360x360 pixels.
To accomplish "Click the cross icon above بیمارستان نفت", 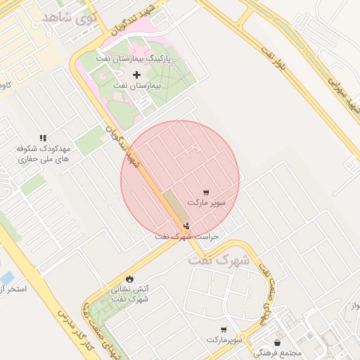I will [136, 74].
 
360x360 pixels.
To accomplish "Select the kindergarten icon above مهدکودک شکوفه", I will [43, 139].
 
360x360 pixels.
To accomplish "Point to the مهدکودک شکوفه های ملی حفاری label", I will [44, 155].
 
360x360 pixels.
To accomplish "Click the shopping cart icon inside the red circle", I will [205, 192].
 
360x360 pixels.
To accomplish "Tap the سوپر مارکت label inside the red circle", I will [207, 202].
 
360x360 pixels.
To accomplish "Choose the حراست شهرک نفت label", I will [187, 237].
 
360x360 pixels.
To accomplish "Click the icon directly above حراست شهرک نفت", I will [186, 226].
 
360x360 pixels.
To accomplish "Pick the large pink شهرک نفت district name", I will [219, 259].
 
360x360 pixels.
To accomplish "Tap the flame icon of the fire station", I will [129, 278].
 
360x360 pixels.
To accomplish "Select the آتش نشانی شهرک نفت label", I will [130, 294].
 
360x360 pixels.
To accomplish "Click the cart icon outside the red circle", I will [224, 329].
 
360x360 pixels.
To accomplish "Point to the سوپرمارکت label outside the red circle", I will [224, 340].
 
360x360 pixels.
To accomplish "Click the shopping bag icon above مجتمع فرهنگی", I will [278, 343].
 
